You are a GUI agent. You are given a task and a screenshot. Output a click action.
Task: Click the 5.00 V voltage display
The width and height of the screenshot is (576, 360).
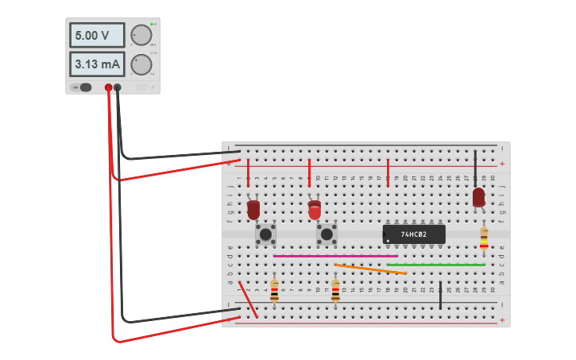tap(97, 35)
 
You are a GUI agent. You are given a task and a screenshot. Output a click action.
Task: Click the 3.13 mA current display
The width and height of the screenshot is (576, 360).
tap(97, 64)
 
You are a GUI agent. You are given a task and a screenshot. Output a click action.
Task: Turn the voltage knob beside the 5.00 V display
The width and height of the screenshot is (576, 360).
tap(141, 35)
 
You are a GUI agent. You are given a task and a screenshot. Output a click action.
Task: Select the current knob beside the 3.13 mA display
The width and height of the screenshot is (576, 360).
tap(141, 64)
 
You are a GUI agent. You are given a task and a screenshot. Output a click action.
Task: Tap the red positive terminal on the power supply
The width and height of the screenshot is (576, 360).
tap(108, 87)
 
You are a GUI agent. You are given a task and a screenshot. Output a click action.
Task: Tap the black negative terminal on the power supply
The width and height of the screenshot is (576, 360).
tap(118, 87)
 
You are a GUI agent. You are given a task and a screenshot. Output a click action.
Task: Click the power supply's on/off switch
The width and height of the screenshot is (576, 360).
tap(83, 87)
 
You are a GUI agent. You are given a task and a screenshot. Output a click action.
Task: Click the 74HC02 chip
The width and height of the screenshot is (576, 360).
tap(413, 234)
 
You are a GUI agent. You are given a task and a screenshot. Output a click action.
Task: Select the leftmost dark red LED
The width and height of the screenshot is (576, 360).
tap(253, 209)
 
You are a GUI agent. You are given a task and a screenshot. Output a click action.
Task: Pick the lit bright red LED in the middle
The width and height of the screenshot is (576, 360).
tap(315, 210)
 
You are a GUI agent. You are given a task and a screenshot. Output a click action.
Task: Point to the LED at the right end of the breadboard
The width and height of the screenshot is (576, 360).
tap(478, 196)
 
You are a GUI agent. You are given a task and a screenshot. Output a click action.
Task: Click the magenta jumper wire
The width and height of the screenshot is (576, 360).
tap(334, 256)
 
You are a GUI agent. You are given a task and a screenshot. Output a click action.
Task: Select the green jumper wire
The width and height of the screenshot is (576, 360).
tap(437, 265)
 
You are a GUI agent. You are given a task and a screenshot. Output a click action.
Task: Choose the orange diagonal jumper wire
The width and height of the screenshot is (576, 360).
tap(370, 269)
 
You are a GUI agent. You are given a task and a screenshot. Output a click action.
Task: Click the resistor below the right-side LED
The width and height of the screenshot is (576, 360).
tap(484, 238)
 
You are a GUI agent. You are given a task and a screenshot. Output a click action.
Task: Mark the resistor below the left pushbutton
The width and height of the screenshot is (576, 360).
tap(274, 290)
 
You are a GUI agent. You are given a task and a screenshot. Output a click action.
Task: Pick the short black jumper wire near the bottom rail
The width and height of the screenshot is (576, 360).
tap(440, 295)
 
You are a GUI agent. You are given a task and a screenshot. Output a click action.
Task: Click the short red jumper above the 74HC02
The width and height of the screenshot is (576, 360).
tap(388, 172)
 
